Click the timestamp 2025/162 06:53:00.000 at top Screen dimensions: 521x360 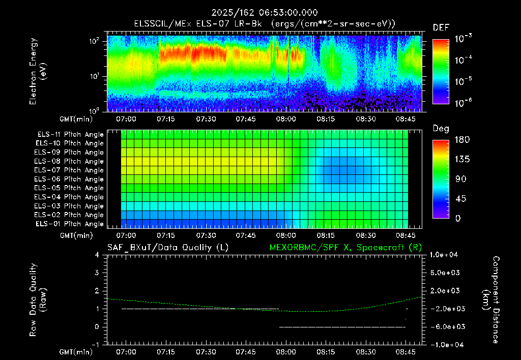tap(265, 13)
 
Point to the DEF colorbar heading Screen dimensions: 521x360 tap(441, 27)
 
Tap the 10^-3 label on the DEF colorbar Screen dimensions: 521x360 tap(464, 39)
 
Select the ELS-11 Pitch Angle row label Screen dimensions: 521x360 tap(70, 135)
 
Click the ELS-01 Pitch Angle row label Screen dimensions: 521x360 tap(70, 224)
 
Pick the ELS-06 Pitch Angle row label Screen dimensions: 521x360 tap(69, 179)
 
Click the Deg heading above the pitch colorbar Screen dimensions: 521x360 tap(441, 129)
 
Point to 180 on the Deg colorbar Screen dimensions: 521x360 tap(462, 139)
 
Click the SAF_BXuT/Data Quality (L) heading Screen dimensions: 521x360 tap(168, 248)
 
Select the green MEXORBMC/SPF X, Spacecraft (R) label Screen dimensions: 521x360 tap(345, 248)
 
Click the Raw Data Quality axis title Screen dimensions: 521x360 tap(38, 300)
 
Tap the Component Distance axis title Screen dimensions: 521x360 tap(491, 300)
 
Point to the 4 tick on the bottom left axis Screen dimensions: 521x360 tap(97, 255)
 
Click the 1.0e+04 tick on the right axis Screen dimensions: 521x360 tap(444, 255)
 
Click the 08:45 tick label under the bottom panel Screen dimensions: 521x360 tap(406, 352)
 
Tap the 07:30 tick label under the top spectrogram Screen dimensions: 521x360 tap(206, 119)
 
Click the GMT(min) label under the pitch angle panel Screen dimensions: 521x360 tap(76, 235)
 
